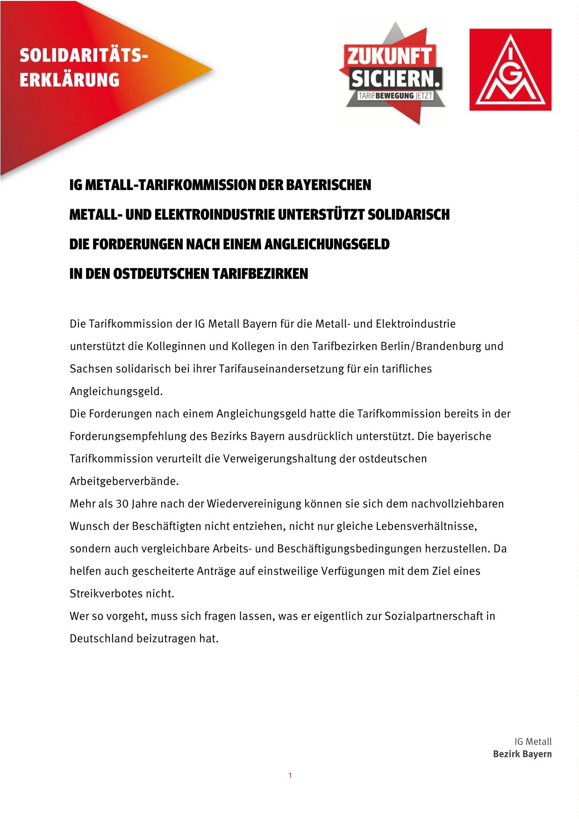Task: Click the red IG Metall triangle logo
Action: click(510, 70)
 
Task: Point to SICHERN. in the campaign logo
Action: click(395, 78)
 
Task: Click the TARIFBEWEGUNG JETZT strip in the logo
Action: click(395, 96)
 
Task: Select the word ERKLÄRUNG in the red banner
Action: click(69, 79)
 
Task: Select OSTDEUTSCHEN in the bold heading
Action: click(161, 274)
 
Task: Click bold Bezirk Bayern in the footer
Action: click(522, 754)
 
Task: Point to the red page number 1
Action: click(290, 776)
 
